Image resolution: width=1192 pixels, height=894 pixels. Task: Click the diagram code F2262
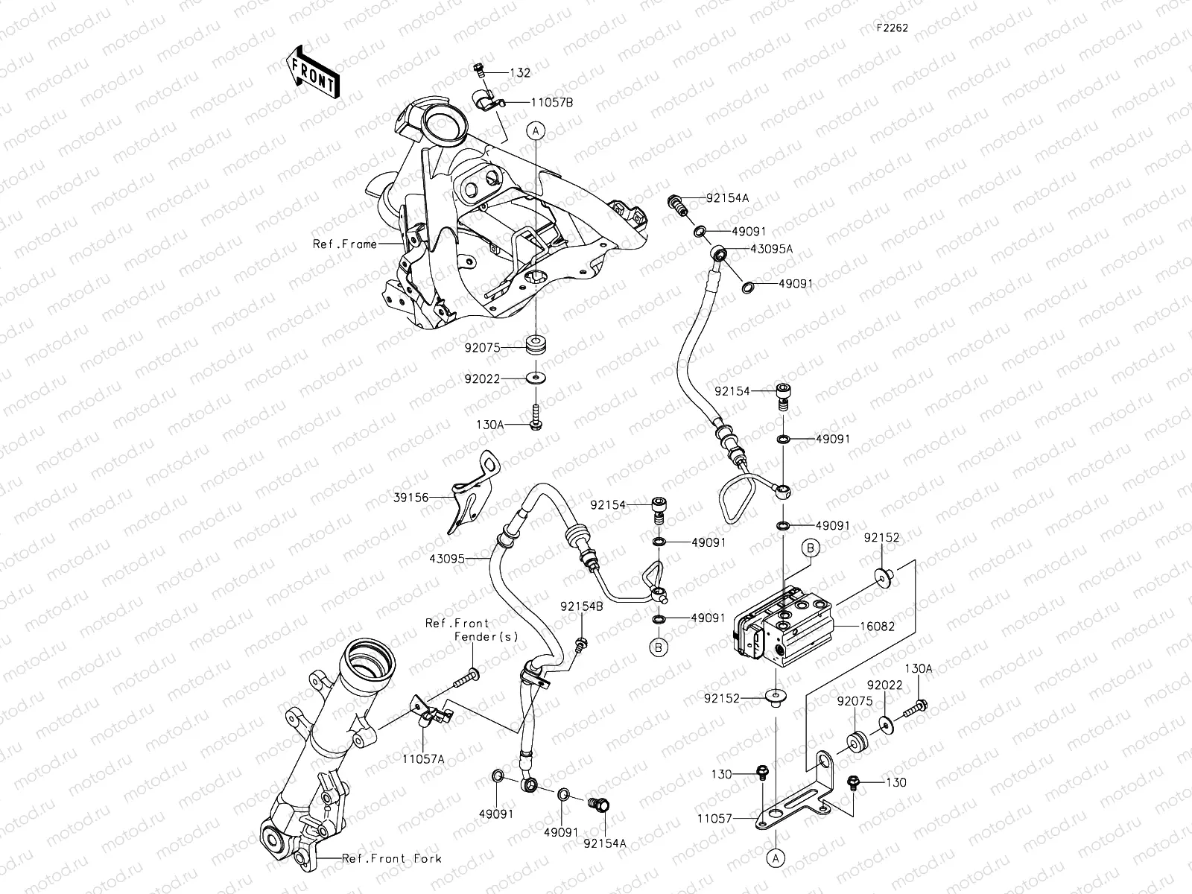892,28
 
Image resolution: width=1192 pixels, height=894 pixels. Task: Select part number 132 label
520,73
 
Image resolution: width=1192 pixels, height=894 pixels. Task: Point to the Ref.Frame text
344,244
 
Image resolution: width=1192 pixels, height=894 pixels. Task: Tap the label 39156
411,497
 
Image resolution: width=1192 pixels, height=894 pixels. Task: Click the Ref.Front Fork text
391,858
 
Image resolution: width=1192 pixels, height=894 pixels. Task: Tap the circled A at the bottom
776,858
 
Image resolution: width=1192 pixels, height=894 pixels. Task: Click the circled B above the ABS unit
811,548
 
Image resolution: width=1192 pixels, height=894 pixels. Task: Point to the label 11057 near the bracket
714,817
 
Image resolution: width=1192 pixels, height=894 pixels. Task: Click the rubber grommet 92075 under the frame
536,346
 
